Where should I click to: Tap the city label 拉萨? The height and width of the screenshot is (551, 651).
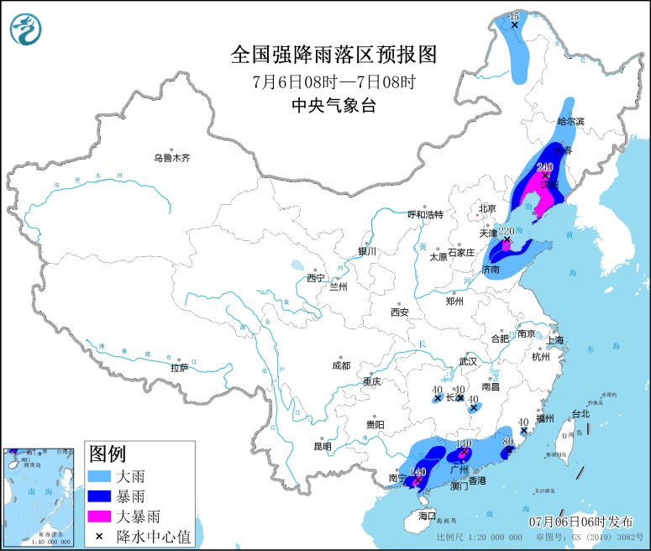click(x=179, y=367)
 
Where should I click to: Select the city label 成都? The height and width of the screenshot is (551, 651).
click(x=341, y=365)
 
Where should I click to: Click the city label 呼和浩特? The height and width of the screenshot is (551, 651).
click(x=424, y=214)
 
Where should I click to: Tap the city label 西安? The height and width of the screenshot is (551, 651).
click(x=399, y=312)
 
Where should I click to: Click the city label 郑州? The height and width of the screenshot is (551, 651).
click(x=454, y=300)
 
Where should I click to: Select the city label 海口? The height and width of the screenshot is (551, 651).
click(x=428, y=515)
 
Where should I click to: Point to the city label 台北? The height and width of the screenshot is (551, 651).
click(x=580, y=413)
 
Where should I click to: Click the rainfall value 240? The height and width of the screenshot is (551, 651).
click(x=544, y=167)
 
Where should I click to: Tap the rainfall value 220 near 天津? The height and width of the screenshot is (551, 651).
click(x=506, y=231)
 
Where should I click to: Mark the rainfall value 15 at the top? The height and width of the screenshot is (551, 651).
click(x=515, y=16)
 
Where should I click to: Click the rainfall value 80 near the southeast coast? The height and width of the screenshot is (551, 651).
click(x=507, y=441)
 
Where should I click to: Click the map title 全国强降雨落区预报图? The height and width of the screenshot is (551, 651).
click(x=334, y=55)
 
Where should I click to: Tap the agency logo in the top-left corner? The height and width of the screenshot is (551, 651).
click(x=26, y=31)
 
